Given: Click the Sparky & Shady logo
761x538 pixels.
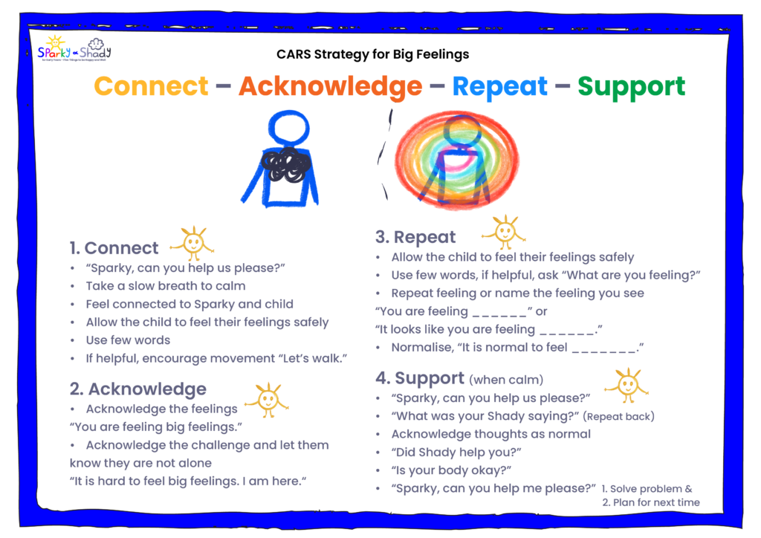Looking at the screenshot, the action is (x=74, y=48).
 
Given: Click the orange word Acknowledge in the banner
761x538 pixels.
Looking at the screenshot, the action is (x=331, y=87).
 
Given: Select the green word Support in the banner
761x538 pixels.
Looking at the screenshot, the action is (x=632, y=88).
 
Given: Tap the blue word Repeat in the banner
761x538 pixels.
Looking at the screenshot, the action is (x=500, y=88).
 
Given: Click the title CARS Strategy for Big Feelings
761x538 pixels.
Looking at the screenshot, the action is (x=373, y=54).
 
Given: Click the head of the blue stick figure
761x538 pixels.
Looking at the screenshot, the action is (x=289, y=128).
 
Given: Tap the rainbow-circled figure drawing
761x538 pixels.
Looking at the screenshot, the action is (x=456, y=160).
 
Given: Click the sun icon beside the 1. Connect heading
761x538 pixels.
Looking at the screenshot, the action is (x=193, y=242).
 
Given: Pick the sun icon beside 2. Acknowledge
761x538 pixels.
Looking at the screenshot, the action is (x=268, y=400).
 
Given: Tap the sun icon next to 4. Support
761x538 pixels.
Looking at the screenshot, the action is (x=627, y=386).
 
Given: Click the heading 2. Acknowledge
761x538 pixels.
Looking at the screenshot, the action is (x=137, y=389).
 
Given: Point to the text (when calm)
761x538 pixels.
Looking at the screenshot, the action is (x=506, y=380).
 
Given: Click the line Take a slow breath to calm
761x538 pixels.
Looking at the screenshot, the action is (x=166, y=286).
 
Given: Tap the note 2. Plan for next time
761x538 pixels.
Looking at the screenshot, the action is (x=651, y=502).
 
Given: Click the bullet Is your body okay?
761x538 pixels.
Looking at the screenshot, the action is (x=451, y=470).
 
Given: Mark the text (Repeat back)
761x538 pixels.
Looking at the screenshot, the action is (x=618, y=416).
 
